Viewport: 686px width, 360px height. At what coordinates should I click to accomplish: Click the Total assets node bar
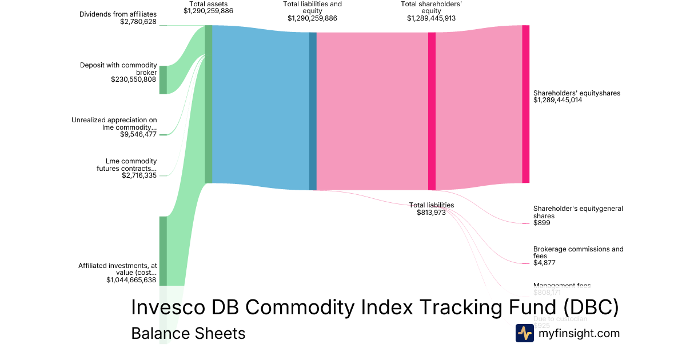point(209,104)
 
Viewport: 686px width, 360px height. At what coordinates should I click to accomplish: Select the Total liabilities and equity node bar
point(313,111)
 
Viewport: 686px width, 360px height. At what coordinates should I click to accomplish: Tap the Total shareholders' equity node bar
point(432,111)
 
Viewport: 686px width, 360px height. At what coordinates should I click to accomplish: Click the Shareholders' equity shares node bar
point(525,104)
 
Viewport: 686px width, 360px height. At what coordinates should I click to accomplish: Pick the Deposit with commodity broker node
point(163,79)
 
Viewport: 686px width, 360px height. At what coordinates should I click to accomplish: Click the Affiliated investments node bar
point(163,250)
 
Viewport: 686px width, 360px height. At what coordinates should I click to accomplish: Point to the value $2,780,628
point(138,22)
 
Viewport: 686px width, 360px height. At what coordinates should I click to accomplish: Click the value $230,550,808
point(134,79)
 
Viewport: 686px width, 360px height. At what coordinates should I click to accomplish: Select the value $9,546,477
point(138,134)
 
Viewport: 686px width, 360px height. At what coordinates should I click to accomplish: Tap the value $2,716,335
point(139,175)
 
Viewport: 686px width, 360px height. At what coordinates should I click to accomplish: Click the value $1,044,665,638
point(131,280)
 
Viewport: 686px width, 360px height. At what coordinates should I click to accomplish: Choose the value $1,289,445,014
point(557,100)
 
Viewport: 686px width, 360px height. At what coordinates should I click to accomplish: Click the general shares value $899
point(541,223)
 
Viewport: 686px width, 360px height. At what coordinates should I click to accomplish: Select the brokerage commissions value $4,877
point(544,263)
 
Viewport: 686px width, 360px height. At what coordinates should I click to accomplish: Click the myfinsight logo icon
point(524,333)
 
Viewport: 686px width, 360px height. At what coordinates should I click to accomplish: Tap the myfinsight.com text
point(579,333)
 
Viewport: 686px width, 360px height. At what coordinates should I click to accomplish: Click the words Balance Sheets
point(188,333)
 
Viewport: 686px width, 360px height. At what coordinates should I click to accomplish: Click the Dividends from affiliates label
point(118,14)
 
